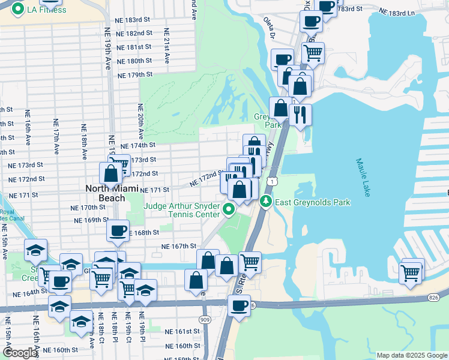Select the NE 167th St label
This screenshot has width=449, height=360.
coord(179,246)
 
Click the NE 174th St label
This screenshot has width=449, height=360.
coord(138,145)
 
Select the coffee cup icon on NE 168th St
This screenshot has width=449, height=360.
coord(118,230)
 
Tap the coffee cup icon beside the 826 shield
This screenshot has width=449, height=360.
coord(238,305)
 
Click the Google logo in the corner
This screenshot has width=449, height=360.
coord(20,353)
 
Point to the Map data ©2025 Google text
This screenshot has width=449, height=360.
coord(412,355)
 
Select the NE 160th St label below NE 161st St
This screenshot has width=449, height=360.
coord(183,346)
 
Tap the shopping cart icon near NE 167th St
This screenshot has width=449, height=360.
coord(250,262)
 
